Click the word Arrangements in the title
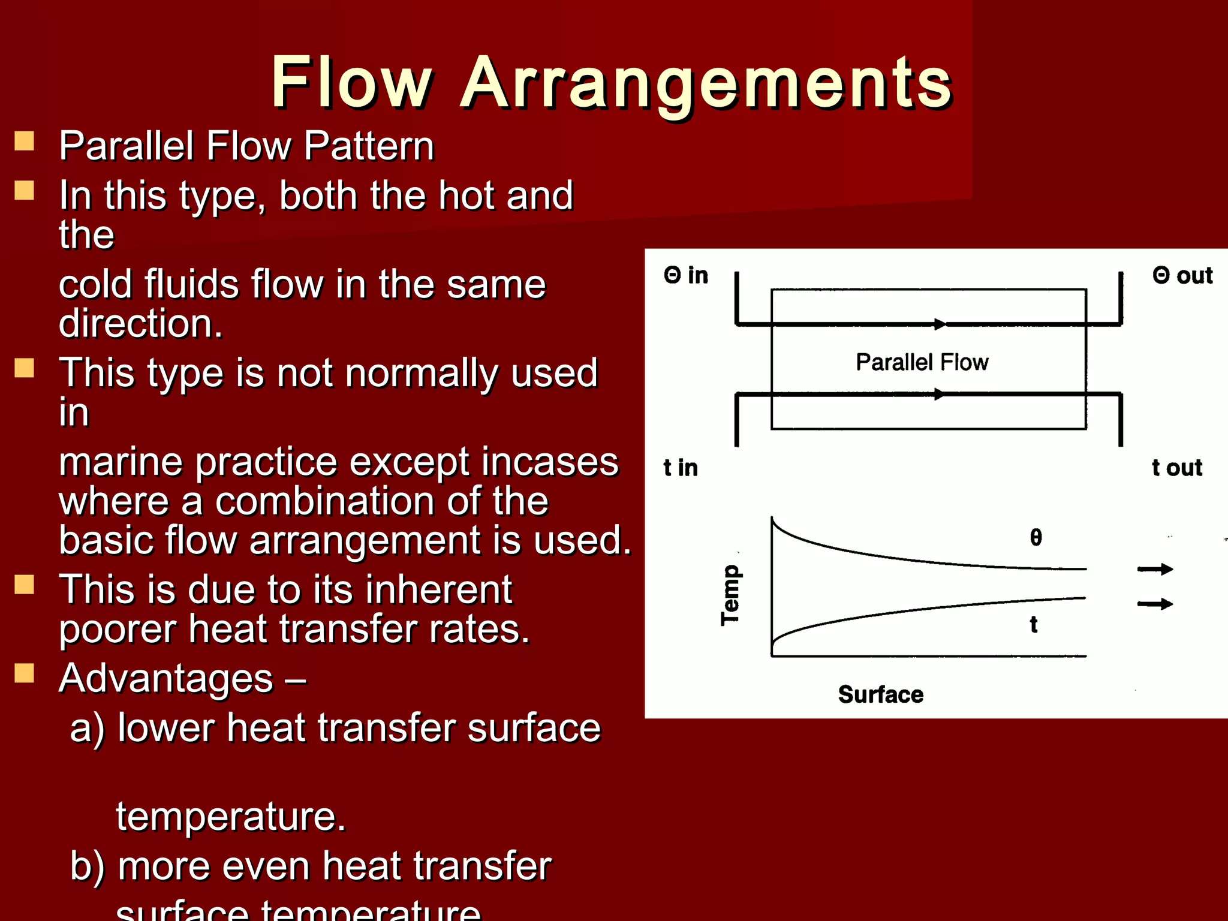click(706, 84)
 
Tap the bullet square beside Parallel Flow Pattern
click(24, 142)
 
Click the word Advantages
click(166, 679)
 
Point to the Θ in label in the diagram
click(686, 276)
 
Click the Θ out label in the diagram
click(1182, 276)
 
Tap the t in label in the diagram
click(681, 468)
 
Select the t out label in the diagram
click(1177, 468)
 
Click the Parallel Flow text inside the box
click(922, 362)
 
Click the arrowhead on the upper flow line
click(940, 324)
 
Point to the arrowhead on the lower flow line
click(939, 394)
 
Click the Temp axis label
click(730, 595)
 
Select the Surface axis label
click(880, 694)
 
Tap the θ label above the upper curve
click(1036, 537)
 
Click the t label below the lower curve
click(1034, 625)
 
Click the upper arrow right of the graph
click(1155, 569)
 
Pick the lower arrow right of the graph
click(1155, 604)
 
